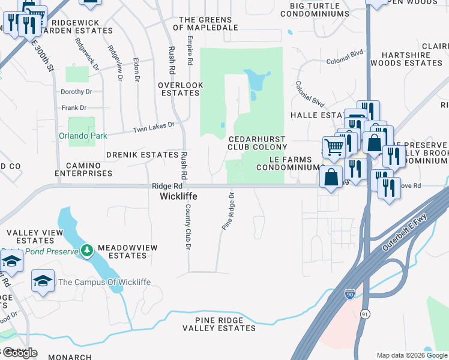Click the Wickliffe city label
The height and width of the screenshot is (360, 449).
click(x=178, y=196)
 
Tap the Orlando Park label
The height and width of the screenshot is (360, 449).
click(x=83, y=136)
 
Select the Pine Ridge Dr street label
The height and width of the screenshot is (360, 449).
click(x=228, y=211)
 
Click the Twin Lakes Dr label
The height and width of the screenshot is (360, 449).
click(x=152, y=127)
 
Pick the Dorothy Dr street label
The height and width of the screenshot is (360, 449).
click(x=76, y=92)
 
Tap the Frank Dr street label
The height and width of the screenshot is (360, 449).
click(x=74, y=108)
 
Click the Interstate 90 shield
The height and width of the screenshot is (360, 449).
click(x=350, y=294)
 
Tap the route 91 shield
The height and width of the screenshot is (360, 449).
click(x=364, y=314)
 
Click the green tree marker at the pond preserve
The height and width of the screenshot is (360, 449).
click(x=87, y=250)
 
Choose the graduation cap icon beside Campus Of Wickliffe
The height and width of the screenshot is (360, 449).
click(x=43, y=281)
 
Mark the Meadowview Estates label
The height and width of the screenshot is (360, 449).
click(x=122, y=251)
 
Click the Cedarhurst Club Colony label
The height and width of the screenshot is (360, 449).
click(x=258, y=142)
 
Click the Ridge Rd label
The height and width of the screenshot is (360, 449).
click(x=166, y=187)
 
